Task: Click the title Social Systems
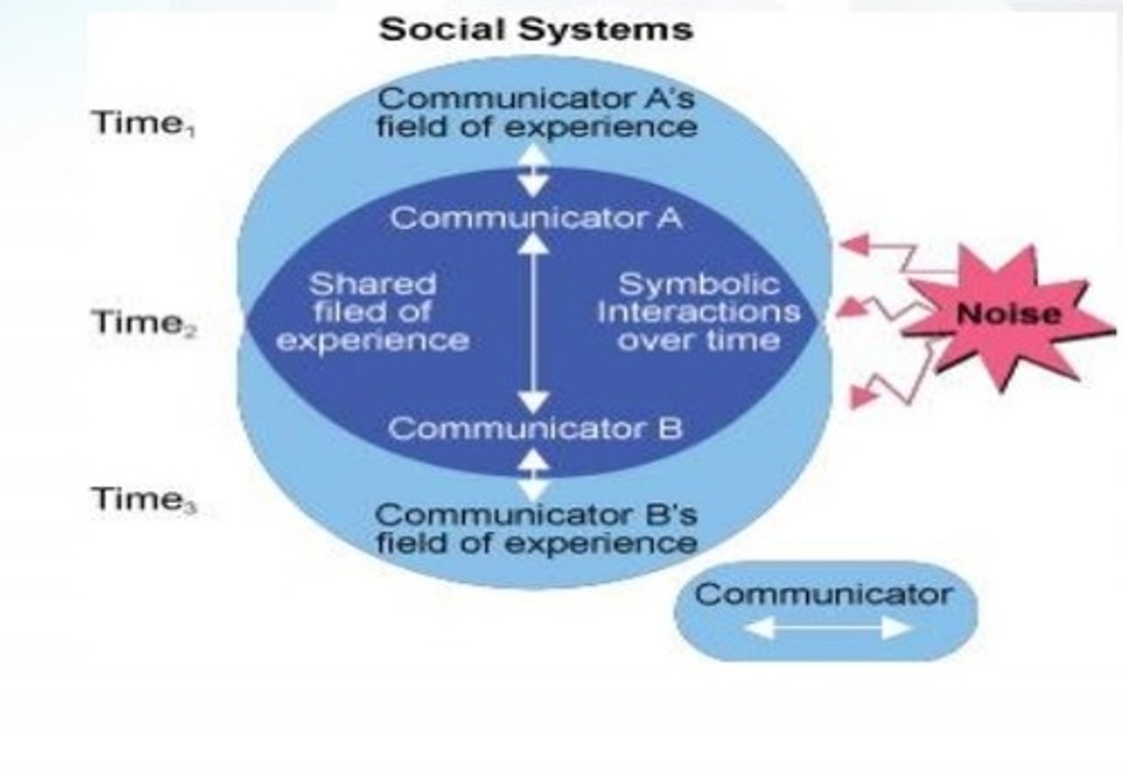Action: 535,30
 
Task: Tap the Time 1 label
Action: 143,124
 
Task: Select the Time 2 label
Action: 143,322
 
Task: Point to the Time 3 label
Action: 143,499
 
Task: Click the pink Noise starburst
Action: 1008,314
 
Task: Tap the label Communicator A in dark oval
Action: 536,218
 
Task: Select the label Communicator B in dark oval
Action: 535,428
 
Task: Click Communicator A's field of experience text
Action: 536,112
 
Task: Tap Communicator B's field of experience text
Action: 536,529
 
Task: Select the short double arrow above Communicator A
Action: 534,172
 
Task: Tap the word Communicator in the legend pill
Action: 824,594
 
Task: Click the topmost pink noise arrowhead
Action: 854,246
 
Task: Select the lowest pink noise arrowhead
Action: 860,396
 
